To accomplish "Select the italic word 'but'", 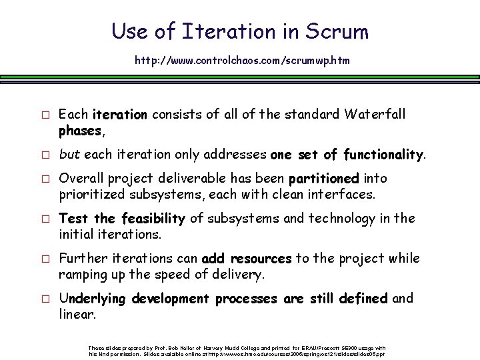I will [69, 155].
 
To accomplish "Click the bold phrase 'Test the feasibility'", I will [121, 219].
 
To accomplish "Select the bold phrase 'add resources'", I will [256, 259].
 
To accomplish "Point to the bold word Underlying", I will [93, 299].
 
